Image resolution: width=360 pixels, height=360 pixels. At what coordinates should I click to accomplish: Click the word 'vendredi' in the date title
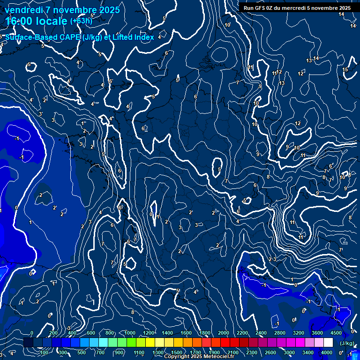pyautogui.click(x=23, y=10)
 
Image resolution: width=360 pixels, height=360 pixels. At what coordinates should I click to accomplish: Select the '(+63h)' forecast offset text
pyautogui.click(x=81, y=21)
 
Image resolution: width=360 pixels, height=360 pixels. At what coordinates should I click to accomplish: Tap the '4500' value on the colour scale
pyautogui.click(x=335, y=333)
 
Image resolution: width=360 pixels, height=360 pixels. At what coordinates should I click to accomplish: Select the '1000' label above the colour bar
pyautogui.click(x=130, y=333)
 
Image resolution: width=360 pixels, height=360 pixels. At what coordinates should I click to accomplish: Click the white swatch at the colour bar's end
pyautogui.click(x=328, y=343)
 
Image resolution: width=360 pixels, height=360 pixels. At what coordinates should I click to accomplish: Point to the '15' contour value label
pyautogui.click(x=345, y=70)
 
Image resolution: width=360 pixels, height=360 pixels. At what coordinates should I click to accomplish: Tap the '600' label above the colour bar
pyautogui.click(x=91, y=333)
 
